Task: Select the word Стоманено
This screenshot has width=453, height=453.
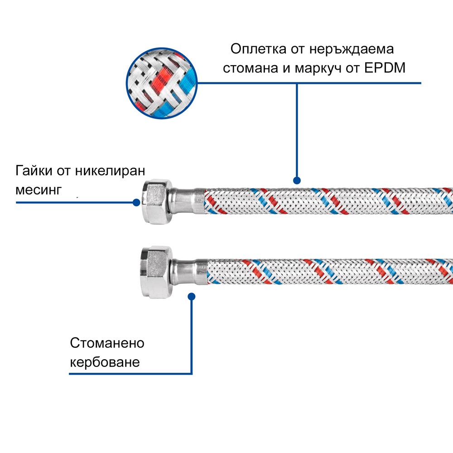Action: coord(107,343)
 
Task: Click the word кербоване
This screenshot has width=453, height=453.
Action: coord(105,362)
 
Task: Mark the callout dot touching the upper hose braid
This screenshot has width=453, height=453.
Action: coord(297,179)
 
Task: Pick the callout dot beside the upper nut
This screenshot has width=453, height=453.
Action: coord(136,202)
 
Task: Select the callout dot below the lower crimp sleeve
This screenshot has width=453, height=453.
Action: coord(191,297)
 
